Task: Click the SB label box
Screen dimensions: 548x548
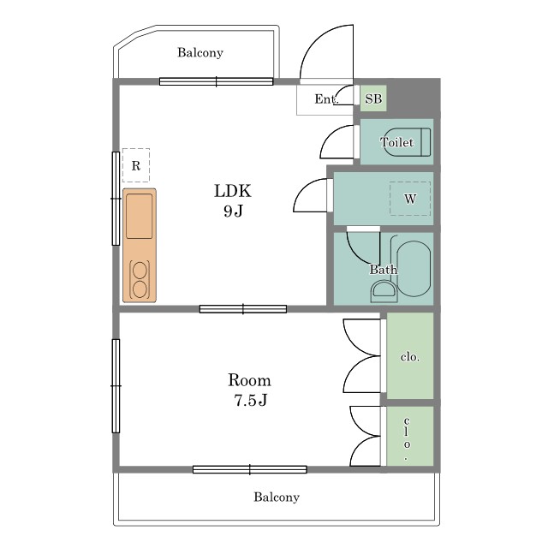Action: pos(373,98)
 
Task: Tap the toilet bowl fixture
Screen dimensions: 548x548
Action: pos(408,142)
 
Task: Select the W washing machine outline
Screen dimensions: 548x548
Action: pos(410,199)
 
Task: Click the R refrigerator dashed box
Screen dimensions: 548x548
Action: pos(136,165)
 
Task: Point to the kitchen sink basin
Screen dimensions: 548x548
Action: pos(139,217)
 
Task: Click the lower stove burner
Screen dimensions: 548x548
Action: pos(140,289)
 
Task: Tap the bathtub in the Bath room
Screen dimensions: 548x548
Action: pos(414,268)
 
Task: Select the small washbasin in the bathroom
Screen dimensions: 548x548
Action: pos(384,292)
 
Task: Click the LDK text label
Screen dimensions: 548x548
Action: pos(232,191)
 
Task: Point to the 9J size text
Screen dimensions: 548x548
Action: pos(233,211)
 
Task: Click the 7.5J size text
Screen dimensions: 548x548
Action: pos(250,400)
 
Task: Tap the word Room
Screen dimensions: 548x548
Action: pos(249,380)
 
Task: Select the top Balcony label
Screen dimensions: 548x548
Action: pos(200,52)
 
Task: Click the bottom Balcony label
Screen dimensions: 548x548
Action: pos(277,497)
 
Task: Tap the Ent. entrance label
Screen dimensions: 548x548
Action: pos(326,99)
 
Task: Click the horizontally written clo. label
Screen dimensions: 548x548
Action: pos(410,357)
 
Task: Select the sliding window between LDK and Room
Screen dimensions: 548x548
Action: pos(243,309)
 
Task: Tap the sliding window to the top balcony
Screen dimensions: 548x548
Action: pos(216,81)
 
